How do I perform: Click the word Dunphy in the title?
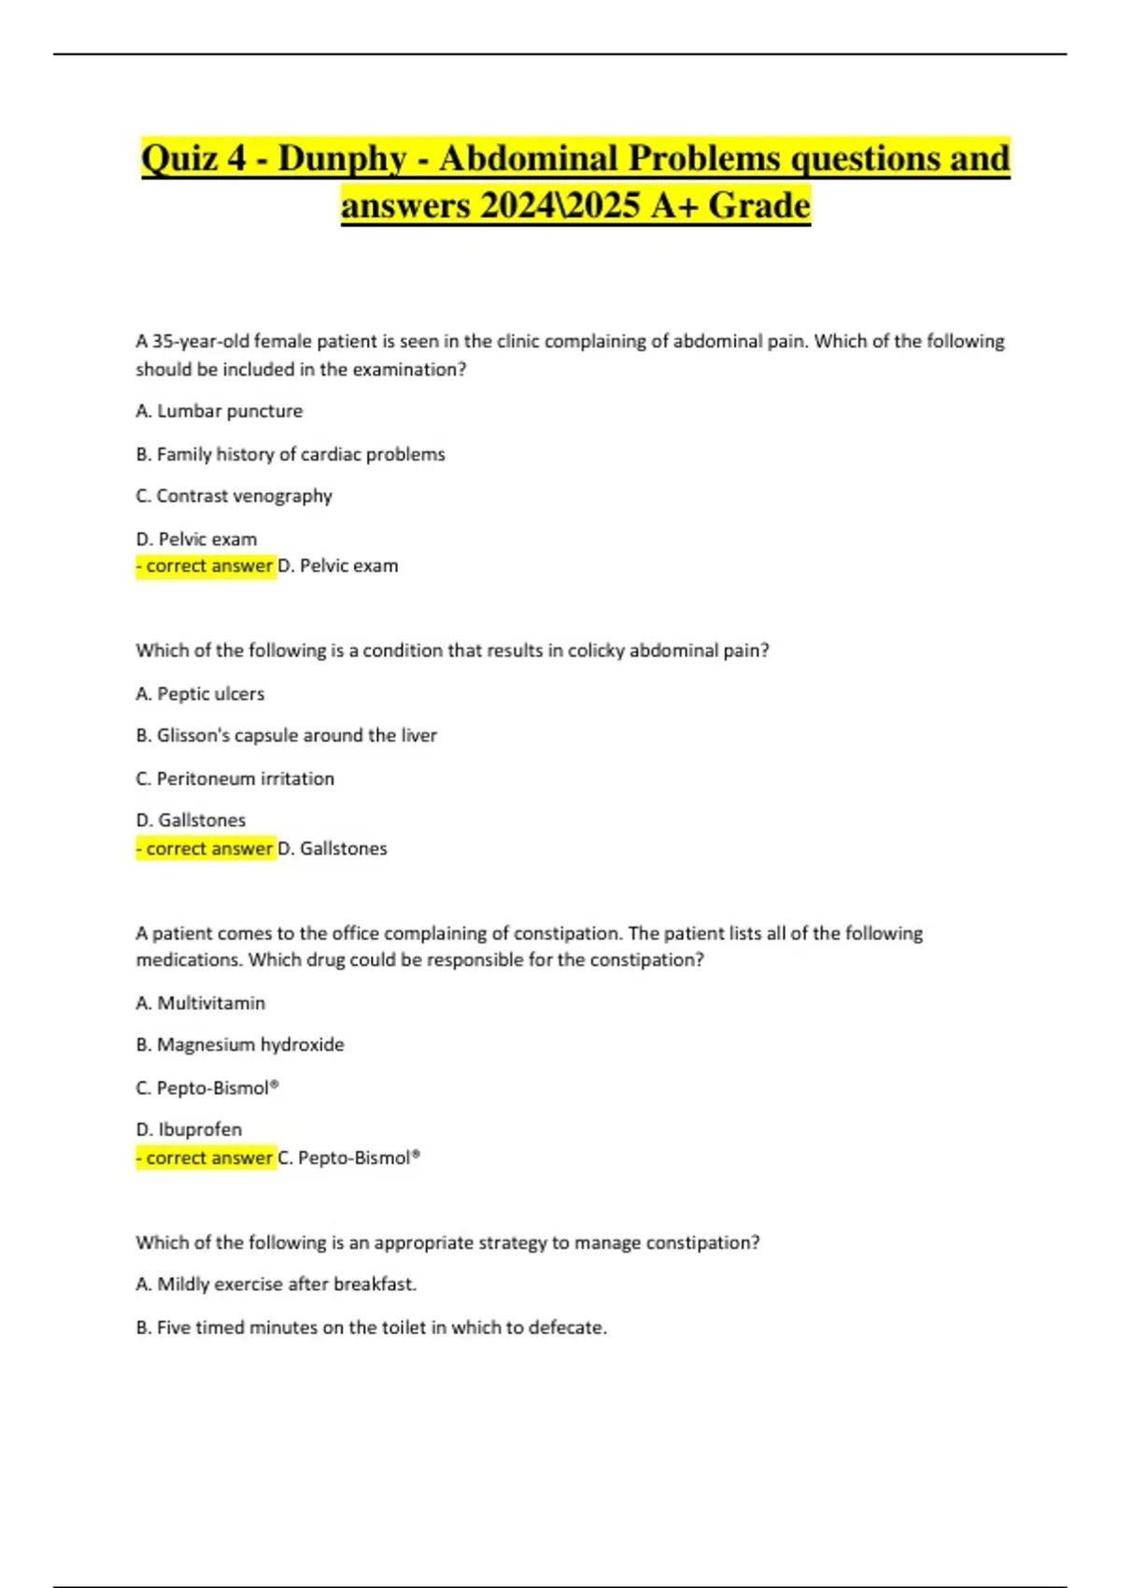coord(342,158)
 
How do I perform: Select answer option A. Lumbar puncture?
coord(219,411)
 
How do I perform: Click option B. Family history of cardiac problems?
coord(290,454)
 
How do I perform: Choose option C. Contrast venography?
coord(234,496)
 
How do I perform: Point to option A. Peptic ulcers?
coord(200,694)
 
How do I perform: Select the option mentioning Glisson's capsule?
coord(286,735)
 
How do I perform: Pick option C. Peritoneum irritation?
coord(234,778)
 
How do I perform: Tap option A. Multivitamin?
coord(200,1003)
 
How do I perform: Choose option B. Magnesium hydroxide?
coord(240,1044)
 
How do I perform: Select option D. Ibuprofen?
coord(189,1129)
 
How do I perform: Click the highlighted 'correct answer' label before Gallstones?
coord(206,848)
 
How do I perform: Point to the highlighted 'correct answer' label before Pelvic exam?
coord(206,565)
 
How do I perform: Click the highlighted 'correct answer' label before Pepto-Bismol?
coord(206,1157)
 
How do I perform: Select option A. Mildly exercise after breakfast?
coord(276,1284)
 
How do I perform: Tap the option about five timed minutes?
coord(371,1327)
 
